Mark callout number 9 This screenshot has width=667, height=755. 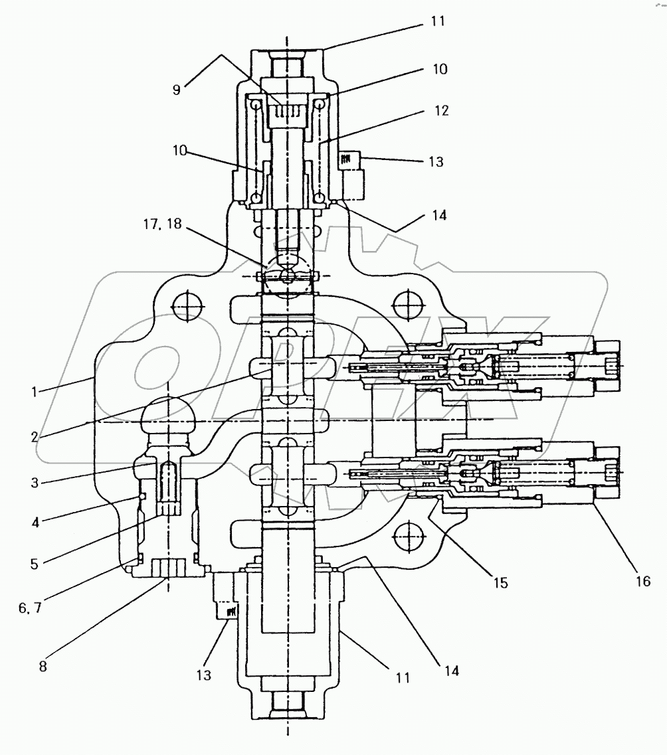(177, 89)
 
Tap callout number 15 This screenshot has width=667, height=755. (500, 583)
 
